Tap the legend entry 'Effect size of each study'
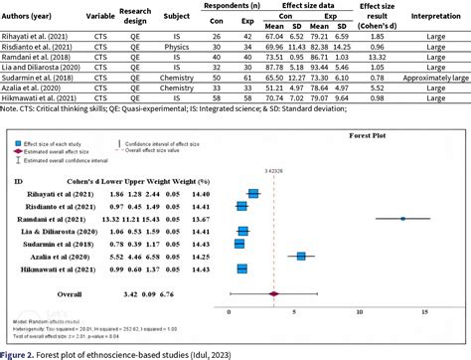[x=55, y=145]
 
